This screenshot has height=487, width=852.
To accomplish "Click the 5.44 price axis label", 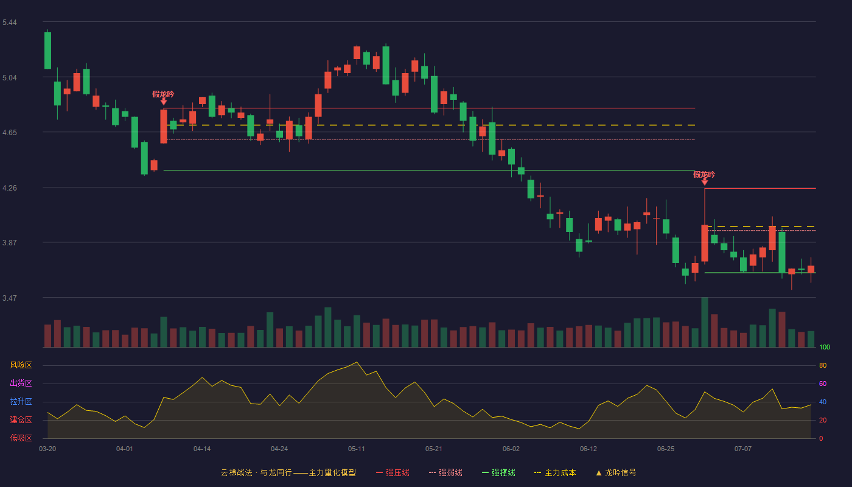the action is [10, 23].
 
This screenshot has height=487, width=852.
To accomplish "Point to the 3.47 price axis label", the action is [10, 298].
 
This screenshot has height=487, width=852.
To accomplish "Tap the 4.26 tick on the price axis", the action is [10, 188].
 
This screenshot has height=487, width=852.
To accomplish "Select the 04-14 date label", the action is [202, 449].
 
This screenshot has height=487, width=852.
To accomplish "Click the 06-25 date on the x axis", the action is [666, 449].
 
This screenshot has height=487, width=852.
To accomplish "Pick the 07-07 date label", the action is [743, 449].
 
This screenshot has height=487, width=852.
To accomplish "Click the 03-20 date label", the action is [47, 449].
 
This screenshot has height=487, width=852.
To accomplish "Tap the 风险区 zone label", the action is [21, 365].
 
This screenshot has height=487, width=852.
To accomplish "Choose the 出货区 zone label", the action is [21, 383].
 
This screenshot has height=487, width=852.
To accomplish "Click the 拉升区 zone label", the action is [21, 401].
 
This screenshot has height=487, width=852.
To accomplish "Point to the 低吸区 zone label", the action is [21, 438].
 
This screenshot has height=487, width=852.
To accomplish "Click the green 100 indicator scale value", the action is [825, 347].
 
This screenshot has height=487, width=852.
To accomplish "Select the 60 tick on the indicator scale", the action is [823, 384].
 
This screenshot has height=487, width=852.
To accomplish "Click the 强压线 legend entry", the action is [393, 472].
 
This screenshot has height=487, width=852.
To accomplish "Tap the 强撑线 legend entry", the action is [498, 472].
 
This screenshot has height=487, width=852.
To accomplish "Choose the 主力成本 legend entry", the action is [555, 472].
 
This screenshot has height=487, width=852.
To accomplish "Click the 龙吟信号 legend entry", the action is [616, 472].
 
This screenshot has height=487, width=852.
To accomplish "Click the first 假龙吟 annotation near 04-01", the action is [163, 94].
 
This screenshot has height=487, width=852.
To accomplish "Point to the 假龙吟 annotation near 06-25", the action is [704, 175].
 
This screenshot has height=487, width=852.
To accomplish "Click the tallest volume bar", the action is [705, 322].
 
